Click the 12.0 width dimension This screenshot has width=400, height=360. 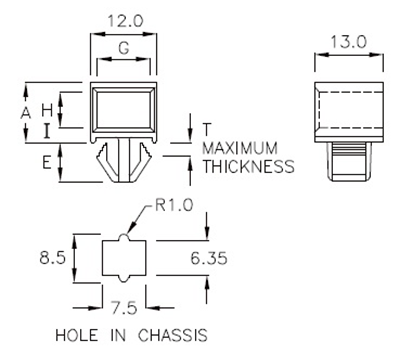pyautogui.click(x=122, y=20)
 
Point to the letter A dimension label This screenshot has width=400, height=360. pyautogui.click(x=26, y=113)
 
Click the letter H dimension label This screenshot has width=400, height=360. pyautogui.click(x=46, y=107)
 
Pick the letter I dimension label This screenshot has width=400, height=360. pyautogui.click(x=46, y=130)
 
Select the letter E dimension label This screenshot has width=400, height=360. pyautogui.click(x=46, y=161)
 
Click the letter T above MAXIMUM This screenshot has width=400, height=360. pyautogui.click(x=206, y=130)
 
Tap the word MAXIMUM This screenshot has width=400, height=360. pyautogui.click(x=241, y=148)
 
